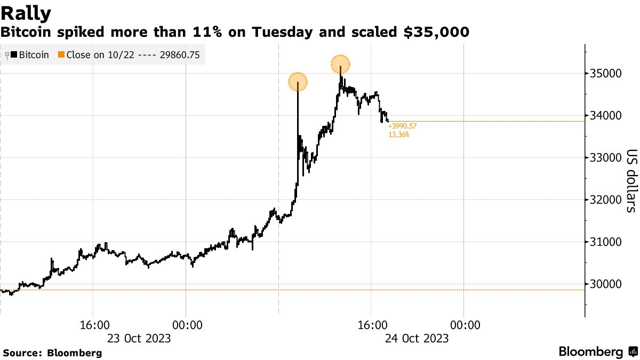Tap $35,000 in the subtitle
click(x=436, y=33)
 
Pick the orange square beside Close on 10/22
click(x=61, y=54)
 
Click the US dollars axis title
click(x=630, y=180)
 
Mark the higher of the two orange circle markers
click(x=340, y=65)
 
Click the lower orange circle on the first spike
click(x=298, y=82)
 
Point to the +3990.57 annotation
click(x=403, y=126)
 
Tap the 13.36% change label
click(x=399, y=135)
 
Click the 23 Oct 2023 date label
click(x=139, y=338)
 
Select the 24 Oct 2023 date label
click(x=417, y=338)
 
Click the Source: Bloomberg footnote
click(x=52, y=353)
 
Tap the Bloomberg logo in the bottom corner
click(x=597, y=352)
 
